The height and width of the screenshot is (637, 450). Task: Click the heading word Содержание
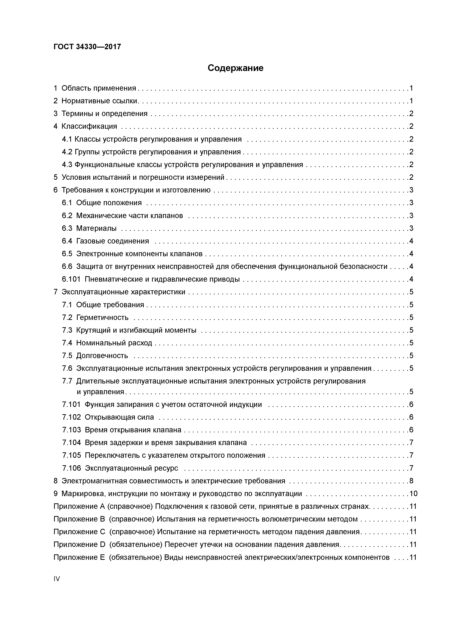[235, 68]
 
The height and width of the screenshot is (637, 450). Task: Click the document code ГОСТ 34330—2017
[87, 47]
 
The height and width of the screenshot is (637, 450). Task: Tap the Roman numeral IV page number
[57, 579]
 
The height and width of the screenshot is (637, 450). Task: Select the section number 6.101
[71, 279]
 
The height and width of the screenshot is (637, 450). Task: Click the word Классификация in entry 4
[89, 126]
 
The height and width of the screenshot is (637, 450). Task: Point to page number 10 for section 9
[413, 494]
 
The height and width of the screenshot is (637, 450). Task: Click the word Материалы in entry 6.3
[96, 228]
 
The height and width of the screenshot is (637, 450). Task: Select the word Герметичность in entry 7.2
[102, 317]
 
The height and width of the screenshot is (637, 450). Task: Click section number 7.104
[71, 443]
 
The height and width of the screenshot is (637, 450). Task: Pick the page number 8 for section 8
[412, 481]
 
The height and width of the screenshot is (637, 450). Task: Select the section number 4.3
[67, 165]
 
